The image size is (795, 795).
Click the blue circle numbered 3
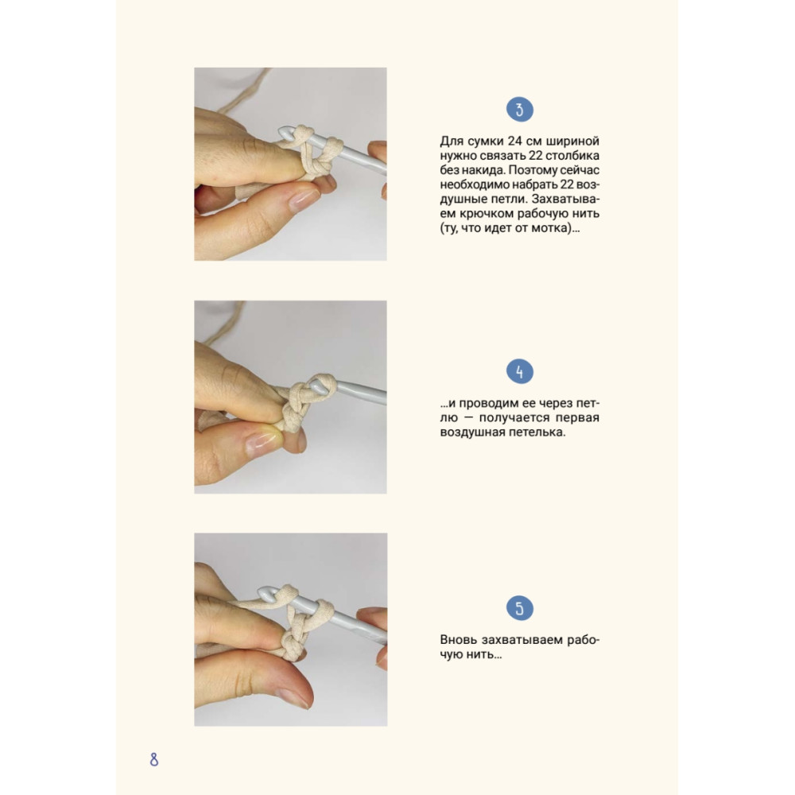click(520, 110)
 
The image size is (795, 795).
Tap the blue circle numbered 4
click(520, 371)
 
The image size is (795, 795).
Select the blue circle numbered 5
click(520, 608)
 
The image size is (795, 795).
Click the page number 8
click(154, 759)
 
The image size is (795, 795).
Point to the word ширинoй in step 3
click(573, 141)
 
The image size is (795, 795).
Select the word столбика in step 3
click(574, 155)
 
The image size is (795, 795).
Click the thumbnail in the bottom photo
click(293, 697)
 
